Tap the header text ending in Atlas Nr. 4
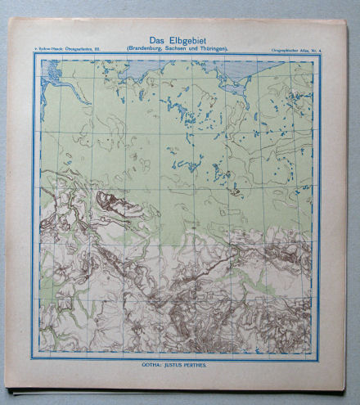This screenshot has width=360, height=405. [295, 50]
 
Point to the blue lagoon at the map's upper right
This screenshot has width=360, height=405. [237, 74]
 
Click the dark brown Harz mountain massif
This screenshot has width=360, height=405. [110, 200]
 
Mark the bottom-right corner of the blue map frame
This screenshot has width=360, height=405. [322, 359]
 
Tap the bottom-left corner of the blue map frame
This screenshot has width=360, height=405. [34, 359]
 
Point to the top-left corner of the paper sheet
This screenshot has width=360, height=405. [8, 20]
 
